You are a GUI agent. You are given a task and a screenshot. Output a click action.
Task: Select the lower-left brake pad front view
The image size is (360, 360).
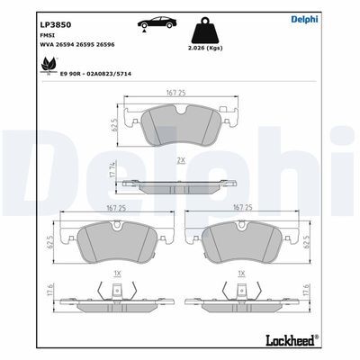pyautogui.click(x=114, y=246)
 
